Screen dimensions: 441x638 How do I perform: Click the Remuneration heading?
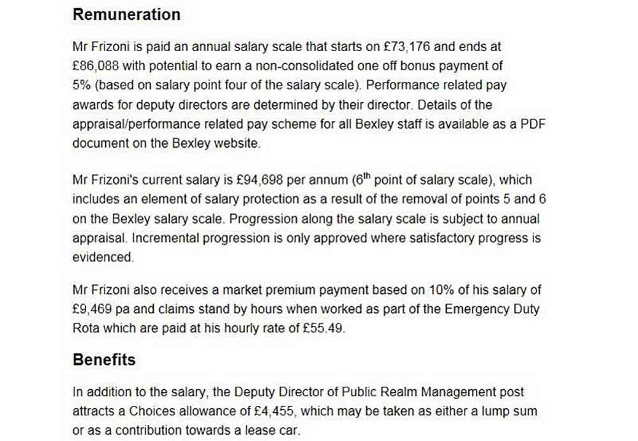tap(126, 15)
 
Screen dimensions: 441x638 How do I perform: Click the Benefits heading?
tap(104, 360)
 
